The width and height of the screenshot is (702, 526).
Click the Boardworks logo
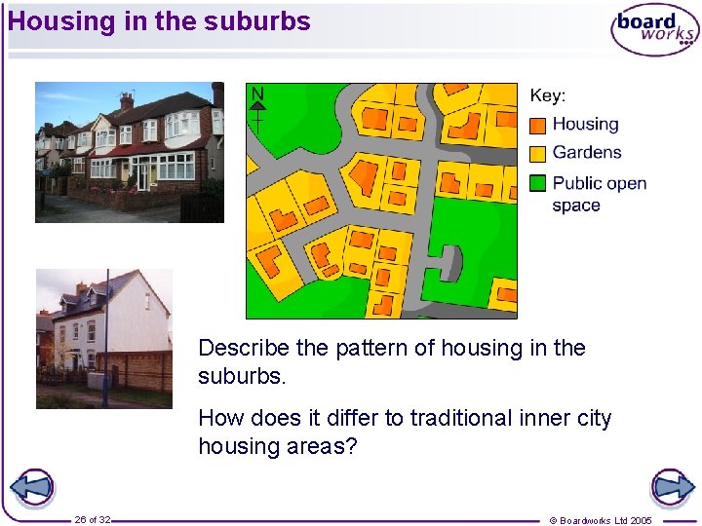[x=654, y=29]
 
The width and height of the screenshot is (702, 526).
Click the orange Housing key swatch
[x=537, y=126]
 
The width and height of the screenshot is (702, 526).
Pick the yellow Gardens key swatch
[x=537, y=153]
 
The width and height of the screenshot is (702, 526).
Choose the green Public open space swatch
[x=537, y=182]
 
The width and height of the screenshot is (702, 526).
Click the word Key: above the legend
[x=547, y=95]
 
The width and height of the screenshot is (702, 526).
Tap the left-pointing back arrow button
[x=31, y=487]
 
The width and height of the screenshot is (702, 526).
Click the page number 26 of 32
[x=93, y=520]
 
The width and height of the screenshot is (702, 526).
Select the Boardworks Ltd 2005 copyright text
[x=601, y=520]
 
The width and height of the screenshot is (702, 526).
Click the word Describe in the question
[x=244, y=348]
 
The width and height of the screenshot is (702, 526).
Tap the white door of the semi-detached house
[x=142, y=176]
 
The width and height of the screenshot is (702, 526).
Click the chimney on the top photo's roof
[x=127, y=99]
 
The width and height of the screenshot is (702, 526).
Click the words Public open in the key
[x=599, y=182]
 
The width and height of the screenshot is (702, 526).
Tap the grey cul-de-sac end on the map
[x=449, y=261]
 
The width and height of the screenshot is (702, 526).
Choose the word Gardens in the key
[x=586, y=152]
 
